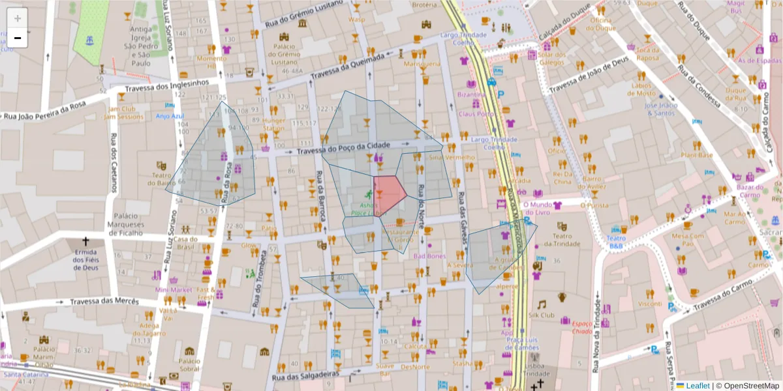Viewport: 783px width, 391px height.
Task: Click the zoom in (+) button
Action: (18, 18)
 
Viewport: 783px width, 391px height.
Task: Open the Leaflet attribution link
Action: (697, 385)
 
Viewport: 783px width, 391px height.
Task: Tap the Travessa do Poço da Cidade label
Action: (343, 148)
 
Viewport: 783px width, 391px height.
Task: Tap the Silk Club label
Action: (541, 315)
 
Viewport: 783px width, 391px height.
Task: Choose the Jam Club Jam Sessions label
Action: (123, 113)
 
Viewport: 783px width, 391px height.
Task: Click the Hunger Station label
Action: (274, 124)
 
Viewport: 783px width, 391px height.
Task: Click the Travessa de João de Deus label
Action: (589, 76)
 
